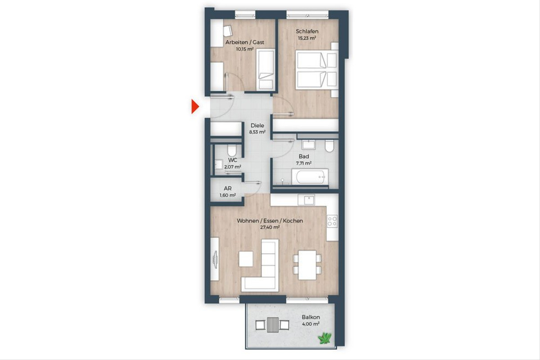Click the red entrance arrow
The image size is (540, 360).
[x=195, y=106]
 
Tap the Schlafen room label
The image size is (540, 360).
[x=307, y=31]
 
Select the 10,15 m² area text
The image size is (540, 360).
[x=245, y=49]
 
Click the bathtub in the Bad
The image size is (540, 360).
[x=310, y=177]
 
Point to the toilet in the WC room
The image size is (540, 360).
[x=232, y=150]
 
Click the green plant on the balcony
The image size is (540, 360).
[x=325, y=338]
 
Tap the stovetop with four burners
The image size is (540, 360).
[x=332, y=221]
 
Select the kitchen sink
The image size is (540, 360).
[x=306, y=200]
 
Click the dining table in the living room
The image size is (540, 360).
[x=307, y=265]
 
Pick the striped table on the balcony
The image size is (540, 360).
[x=273, y=325]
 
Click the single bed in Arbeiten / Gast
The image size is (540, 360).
[x=265, y=70]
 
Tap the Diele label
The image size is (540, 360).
[x=257, y=126]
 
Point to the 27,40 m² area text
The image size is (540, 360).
[x=270, y=227]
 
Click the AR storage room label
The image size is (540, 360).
[x=228, y=188]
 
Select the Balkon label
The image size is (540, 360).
[x=311, y=317]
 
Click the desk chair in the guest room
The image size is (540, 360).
[x=228, y=31]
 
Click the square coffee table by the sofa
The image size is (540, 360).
[x=246, y=259]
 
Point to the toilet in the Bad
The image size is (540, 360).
[x=329, y=146]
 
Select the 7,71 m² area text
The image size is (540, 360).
[x=304, y=163]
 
